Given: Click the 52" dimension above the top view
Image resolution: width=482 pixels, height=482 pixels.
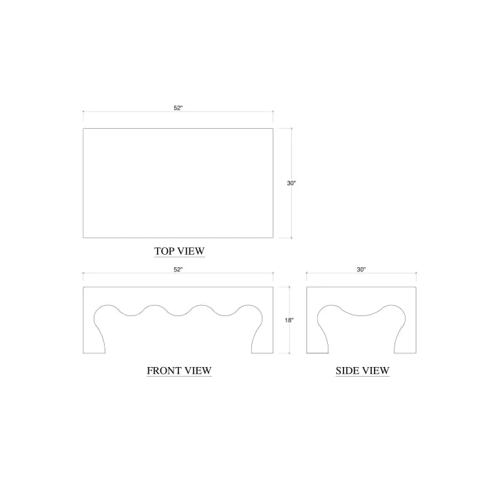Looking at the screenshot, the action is tap(178, 108).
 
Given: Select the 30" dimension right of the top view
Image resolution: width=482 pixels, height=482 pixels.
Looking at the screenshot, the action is tap(291, 183).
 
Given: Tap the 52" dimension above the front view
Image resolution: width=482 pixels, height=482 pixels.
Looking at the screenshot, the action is tap(178, 270).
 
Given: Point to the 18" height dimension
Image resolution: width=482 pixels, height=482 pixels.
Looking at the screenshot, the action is tap(289, 320).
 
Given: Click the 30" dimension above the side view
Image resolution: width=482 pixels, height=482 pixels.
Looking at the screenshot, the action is tap(361, 270).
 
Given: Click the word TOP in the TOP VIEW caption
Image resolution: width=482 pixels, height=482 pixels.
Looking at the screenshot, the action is tap(165, 251).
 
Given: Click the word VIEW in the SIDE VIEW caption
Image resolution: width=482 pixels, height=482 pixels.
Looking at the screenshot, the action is tap(376, 370).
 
